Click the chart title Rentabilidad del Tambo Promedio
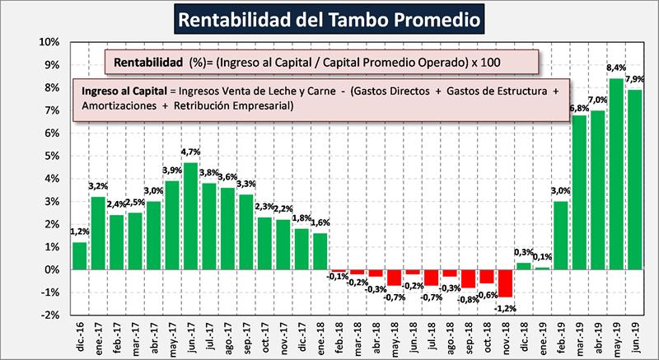[x=329, y=18]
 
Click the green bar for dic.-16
[x=80, y=255]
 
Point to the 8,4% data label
[x=615, y=69]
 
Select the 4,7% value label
[x=191, y=152]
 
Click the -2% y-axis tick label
[x=50, y=315]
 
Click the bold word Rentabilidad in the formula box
[x=148, y=62]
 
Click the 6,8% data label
[x=579, y=108]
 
